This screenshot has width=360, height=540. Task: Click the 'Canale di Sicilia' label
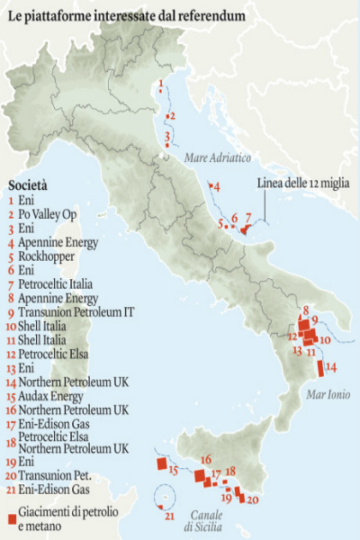click(206, 521)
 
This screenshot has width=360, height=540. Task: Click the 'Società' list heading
click(28, 185)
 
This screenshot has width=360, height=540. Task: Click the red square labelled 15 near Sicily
click(162, 464)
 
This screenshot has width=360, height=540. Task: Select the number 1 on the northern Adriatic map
click(160, 85)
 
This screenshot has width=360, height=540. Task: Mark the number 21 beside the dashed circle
click(169, 516)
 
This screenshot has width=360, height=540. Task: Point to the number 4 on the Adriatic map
click(216, 186)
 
